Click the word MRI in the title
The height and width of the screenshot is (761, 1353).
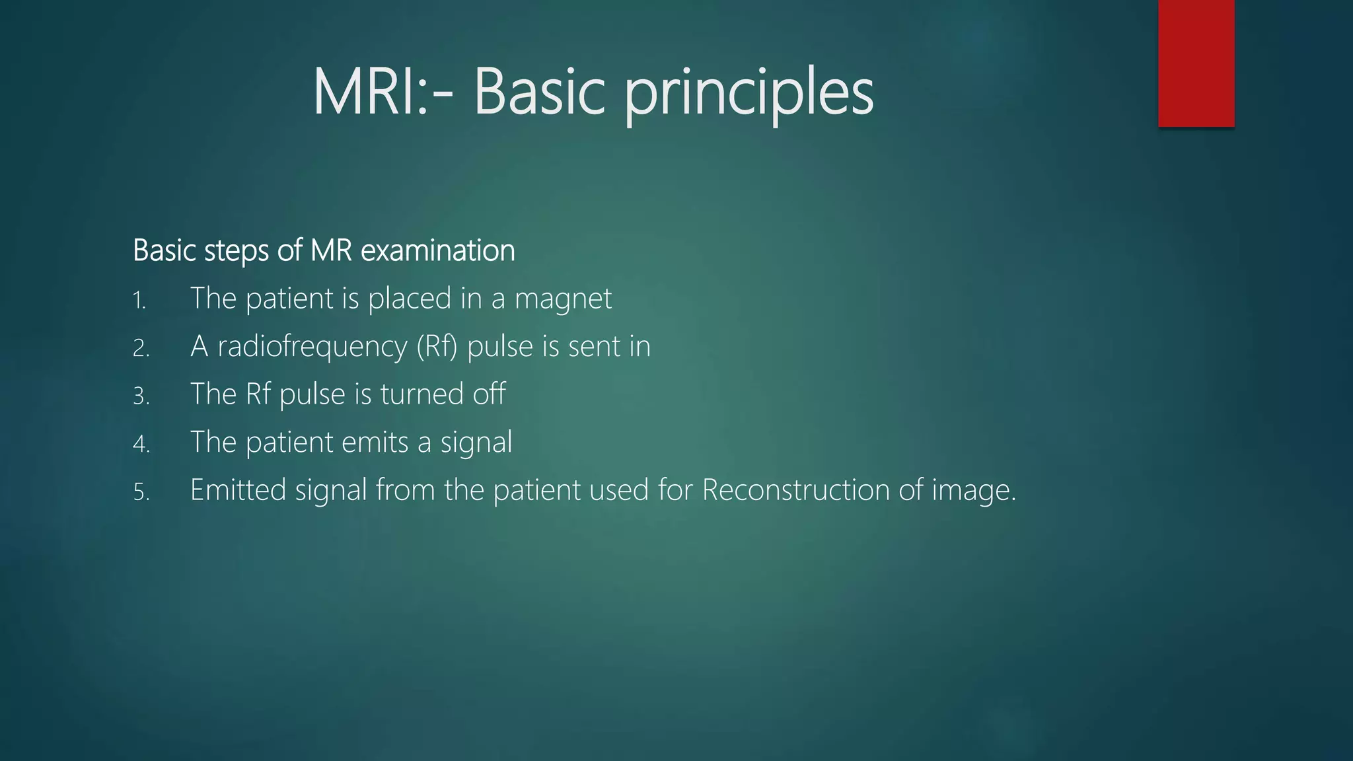pyautogui.click(x=367, y=92)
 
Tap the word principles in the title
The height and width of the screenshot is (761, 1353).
pyautogui.click(x=749, y=94)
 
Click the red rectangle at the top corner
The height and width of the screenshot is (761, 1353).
pyautogui.click(x=1196, y=63)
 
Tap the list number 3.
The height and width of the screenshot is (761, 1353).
pyautogui.click(x=141, y=396)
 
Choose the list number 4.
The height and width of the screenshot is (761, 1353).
pyautogui.click(x=141, y=444)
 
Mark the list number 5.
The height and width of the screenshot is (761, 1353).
pyautogui.click(x=141, y=492)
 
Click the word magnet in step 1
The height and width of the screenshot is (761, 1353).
pyautogui.click(x=563, y=299)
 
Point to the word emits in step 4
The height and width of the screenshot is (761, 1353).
pyautogui.click(x=374, y=443)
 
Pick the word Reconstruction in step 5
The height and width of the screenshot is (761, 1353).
pyautogui.click(x=796, y=490)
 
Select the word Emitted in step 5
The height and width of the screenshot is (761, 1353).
pyautogui.click(x=238, y=490)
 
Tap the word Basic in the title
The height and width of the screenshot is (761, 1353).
pyautogui.click(x=539, y=92)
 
